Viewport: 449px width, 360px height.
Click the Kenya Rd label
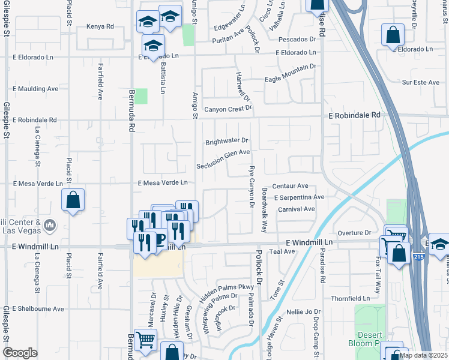point(100,26)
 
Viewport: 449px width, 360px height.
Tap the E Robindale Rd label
point(354,115)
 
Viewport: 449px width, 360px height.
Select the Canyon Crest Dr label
point(228,109)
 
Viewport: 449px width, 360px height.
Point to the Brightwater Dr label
point(227,142)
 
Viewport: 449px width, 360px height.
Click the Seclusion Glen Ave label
point(223,154)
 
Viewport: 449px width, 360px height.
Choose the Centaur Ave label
point(290,186)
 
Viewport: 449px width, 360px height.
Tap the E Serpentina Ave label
point(299,197)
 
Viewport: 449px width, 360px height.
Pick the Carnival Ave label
point(297,209)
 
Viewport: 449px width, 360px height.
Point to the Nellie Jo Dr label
point(304,312)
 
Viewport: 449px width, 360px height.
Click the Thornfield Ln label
point(351,298)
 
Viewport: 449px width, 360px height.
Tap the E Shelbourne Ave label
point(34,309)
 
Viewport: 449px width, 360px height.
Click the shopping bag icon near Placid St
point(73,200)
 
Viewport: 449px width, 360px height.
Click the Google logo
point(20,353)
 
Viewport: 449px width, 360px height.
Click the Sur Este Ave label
point(421,82)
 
